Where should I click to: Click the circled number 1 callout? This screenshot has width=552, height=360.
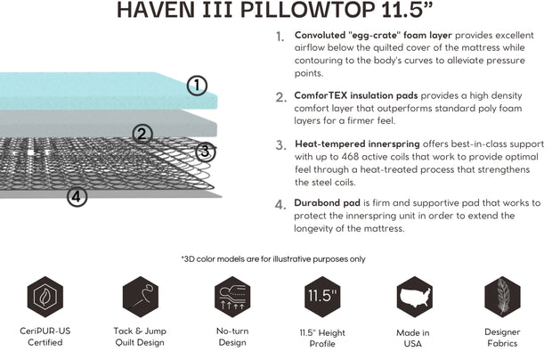click(x=197, y=86)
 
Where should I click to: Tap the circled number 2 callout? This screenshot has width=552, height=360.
click(x=142, y=135)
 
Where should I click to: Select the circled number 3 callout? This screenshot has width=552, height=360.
click(x=206, y=151)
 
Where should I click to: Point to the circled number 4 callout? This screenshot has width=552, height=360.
click(x=78, y=197)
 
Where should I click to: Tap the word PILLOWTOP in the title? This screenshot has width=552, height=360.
click(x=322, y=12)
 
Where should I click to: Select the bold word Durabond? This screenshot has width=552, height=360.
click(x=318, y=202)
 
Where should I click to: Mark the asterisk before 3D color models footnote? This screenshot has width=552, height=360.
click(x=183, y=259)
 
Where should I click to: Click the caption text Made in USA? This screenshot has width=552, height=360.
click(x=413, y=338)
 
